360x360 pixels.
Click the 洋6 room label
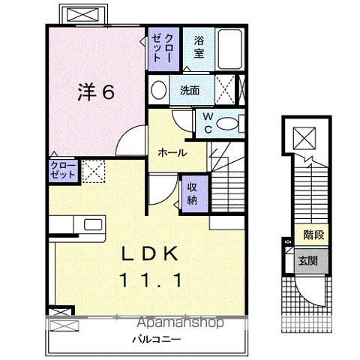[x=97, y=93]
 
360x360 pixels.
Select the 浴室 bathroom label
[x=199, y=46]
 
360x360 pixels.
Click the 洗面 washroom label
[x=189, y=91]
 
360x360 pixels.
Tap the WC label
[x=208, y=123]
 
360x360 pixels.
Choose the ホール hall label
[x=171, y=151]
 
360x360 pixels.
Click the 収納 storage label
[x=192, y=193]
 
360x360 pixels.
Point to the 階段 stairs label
[x=313, y=235]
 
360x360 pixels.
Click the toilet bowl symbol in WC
[x=229, y=124]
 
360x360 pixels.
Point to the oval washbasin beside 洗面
[x=158, y=91]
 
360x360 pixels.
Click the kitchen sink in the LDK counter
[x=93, y=225]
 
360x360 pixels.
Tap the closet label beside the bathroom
[x=163, y=48]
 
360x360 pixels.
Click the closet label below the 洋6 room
[x=63, y=169]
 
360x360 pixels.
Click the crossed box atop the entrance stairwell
[x=304, y=139]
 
